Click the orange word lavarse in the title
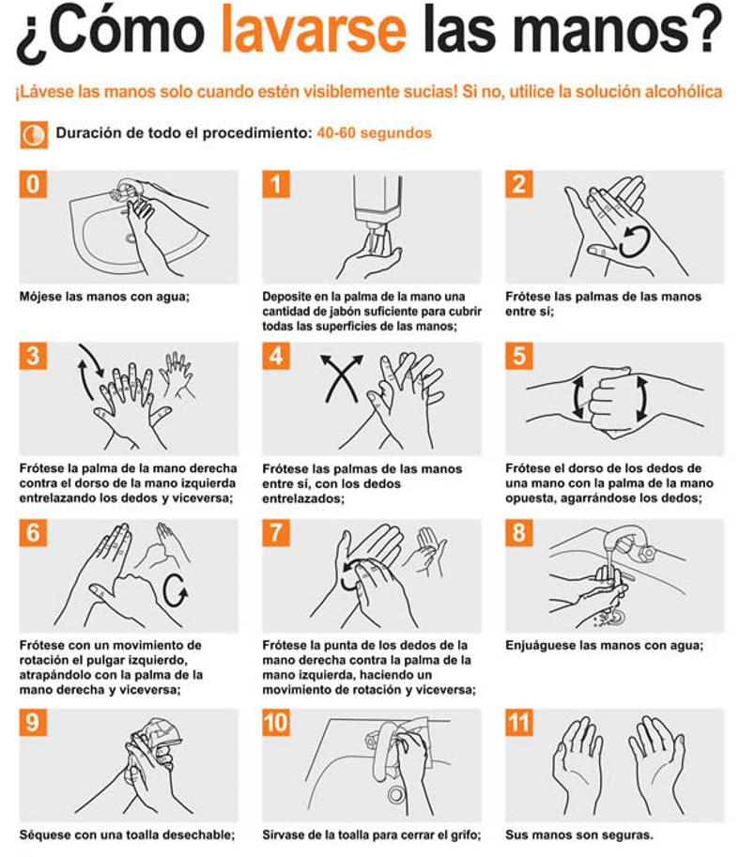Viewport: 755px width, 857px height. [314, 29]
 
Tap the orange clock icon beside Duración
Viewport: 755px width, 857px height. [34, 134]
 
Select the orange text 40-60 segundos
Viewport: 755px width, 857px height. [375, 132]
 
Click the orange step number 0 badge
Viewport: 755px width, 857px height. [33, 184]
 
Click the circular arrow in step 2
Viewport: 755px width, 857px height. [634, 241]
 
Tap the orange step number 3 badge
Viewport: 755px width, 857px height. [33, 356]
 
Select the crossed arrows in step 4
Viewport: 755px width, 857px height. [342, 378]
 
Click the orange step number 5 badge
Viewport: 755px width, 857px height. [518, 356]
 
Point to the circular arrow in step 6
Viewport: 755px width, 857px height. [176, 590]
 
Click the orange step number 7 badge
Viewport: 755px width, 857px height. [275, 532]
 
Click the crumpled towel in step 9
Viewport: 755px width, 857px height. [157, 738]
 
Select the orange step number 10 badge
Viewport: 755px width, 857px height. [276, 723]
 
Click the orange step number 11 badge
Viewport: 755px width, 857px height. [518, 723]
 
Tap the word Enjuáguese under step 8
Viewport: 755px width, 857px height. [538, 646]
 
